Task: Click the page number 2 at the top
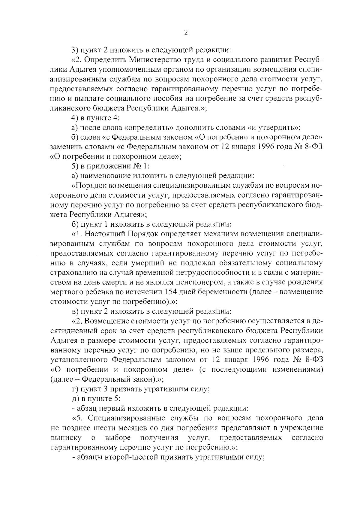186,33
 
